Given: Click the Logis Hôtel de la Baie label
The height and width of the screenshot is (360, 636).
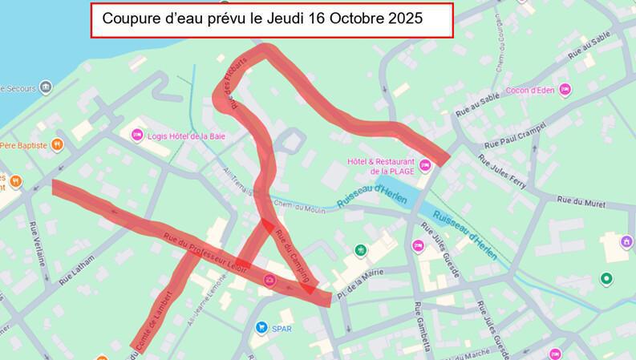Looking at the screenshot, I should click(186, 135).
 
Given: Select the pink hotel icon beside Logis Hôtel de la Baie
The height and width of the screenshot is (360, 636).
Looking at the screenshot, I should click(136, 135).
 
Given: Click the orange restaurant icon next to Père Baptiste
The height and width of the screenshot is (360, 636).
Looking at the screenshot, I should click(58, 145).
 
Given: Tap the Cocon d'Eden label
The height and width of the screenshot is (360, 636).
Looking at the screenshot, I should click(533, 89).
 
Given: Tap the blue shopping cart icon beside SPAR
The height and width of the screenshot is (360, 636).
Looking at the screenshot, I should click(261, 327).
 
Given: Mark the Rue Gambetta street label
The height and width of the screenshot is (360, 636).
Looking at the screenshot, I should click(423, 327).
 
